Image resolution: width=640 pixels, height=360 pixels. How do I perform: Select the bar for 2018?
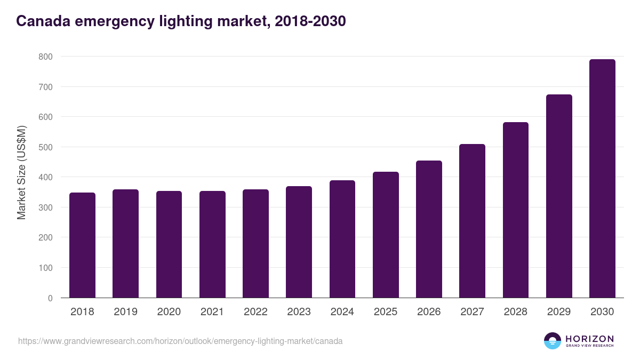point(82,245)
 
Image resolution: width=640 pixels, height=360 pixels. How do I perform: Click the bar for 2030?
point(602,179)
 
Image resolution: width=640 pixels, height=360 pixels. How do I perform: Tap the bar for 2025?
point(386,235)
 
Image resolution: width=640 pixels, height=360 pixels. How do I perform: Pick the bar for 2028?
point(515,210)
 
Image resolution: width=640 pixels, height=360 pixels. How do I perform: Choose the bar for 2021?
point(212,244)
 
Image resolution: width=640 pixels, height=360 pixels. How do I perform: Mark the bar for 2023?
point(299,242)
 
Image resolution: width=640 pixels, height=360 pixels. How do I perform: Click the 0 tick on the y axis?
point(50,298)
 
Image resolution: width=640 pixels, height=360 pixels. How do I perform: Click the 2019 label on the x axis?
point(125,312)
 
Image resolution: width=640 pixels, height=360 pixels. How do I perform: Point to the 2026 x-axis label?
point(429,312)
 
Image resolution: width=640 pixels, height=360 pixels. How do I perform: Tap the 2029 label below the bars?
point(559,312)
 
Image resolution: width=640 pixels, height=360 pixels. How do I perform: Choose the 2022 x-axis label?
point(255,312)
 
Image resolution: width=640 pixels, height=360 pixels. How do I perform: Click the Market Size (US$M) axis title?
point(21,172)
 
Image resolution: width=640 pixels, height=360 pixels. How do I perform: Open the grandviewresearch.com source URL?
point(180,341)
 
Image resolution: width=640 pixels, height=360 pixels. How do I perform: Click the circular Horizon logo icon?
point(553,341)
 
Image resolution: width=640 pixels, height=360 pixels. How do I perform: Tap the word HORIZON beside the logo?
point(589,339)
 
